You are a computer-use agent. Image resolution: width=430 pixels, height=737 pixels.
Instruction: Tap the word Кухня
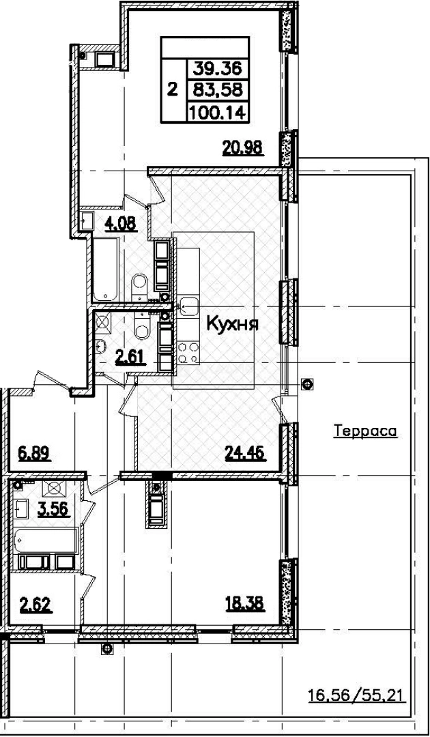(231, 325)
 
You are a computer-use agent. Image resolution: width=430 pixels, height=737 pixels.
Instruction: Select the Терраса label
(365, 431)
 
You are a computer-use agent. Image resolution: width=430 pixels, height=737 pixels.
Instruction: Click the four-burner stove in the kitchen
(188, 353)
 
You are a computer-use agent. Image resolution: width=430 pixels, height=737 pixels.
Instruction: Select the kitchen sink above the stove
(188, 306)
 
